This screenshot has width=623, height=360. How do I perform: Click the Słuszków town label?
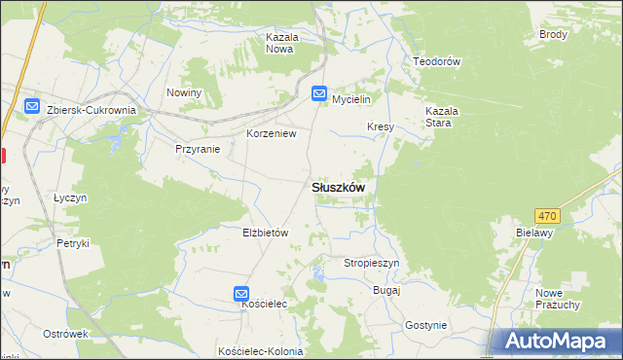pyautogui.click(x=338, y=188)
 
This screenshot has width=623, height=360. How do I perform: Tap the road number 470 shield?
pyautogui.click(x=547, y=215)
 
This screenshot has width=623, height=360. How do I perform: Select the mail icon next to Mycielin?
pyautogui.click(x=319, y=94)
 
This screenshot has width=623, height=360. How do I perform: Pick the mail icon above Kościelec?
pyautogui.click(x=241, y=293)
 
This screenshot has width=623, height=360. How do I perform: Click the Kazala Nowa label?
pyautogui.click(x=280, y=43)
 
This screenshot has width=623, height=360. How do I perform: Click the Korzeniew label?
pyautogui.click(x=271, y=133)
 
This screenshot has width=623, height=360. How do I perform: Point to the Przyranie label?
pyautogui.click(x=198, y=149)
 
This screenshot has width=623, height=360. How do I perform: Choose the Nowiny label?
pyautogui.click(x=183, y=92)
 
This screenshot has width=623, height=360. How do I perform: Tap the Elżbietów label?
pyautogui.click(x=266, y=233)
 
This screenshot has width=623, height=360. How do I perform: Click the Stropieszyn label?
pyautogui.click(x=372, y=263)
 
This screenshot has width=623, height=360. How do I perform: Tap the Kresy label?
pyautogui.click(x=380, y=127)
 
